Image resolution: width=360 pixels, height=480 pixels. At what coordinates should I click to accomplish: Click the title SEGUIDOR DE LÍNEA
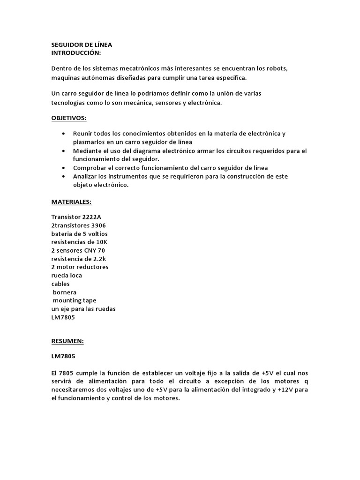coord(82,45)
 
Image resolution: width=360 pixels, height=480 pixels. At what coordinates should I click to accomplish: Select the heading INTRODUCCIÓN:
coord(76,53)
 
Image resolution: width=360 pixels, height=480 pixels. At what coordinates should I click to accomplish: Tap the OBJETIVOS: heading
coord(69,118)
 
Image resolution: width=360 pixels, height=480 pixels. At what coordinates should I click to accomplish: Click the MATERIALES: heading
coord(71,202)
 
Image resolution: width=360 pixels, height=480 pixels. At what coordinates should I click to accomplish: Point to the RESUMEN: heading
coord(67,342)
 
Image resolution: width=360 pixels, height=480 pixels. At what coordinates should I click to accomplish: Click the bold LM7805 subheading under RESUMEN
coord(63,357)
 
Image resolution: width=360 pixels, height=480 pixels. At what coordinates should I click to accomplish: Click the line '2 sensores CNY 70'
coord(78,250)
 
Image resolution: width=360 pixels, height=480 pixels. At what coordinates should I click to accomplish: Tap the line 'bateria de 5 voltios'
coord(79,233)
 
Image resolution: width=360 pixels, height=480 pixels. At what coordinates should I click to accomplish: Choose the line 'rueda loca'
coord(67,275)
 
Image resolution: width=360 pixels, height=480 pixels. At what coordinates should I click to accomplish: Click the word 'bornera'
coord(65,292)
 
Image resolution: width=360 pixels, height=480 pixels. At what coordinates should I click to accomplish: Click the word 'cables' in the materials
coord(60,284)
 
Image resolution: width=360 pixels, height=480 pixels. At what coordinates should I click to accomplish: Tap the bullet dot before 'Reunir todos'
coord(63,134)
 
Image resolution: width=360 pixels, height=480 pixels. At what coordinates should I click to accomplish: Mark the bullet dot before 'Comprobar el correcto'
coord(63,167)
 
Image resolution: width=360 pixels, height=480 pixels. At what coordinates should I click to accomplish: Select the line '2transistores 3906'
coord(78,225)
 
